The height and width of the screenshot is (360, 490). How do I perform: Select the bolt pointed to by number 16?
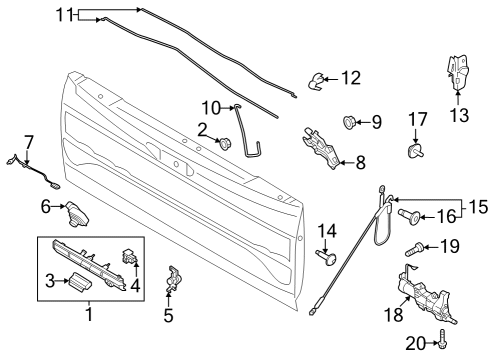pos(409,214)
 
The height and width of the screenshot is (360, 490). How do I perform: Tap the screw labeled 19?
pos(412,247)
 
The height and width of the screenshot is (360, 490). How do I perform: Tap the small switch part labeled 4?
pos(130,254)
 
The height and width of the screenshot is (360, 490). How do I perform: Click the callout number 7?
pos(28,141)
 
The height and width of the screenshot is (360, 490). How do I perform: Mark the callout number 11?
pos(64,14)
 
